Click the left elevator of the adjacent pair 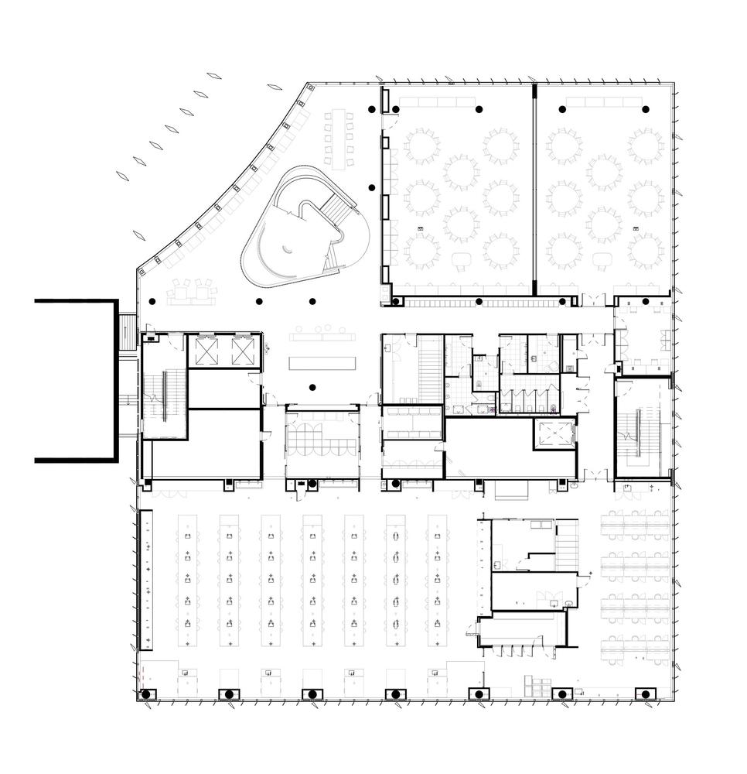(x=206, y=351)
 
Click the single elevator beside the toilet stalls (x=554, y=435)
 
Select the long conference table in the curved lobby (x=338, y=140)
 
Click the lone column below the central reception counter (x=312, y=387)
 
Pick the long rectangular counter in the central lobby (x=322, y=363)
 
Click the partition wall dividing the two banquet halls (x=534, y=190)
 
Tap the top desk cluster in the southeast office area (x=635, y=526)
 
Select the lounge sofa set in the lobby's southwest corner (x=191, y=291)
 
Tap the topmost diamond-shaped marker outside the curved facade (x=214, y=76)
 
